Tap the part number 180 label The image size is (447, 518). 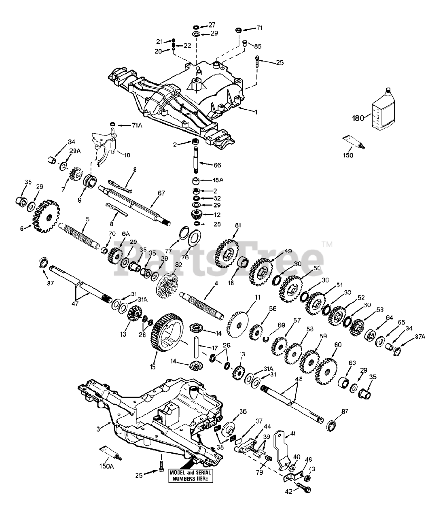[x=357, y=119]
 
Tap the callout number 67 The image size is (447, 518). [x=161, y=193]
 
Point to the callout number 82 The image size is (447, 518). [x=178, y=264]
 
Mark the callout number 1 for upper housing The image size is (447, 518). [x=256, y=112]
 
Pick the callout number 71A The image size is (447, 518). [x=137, y=125]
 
